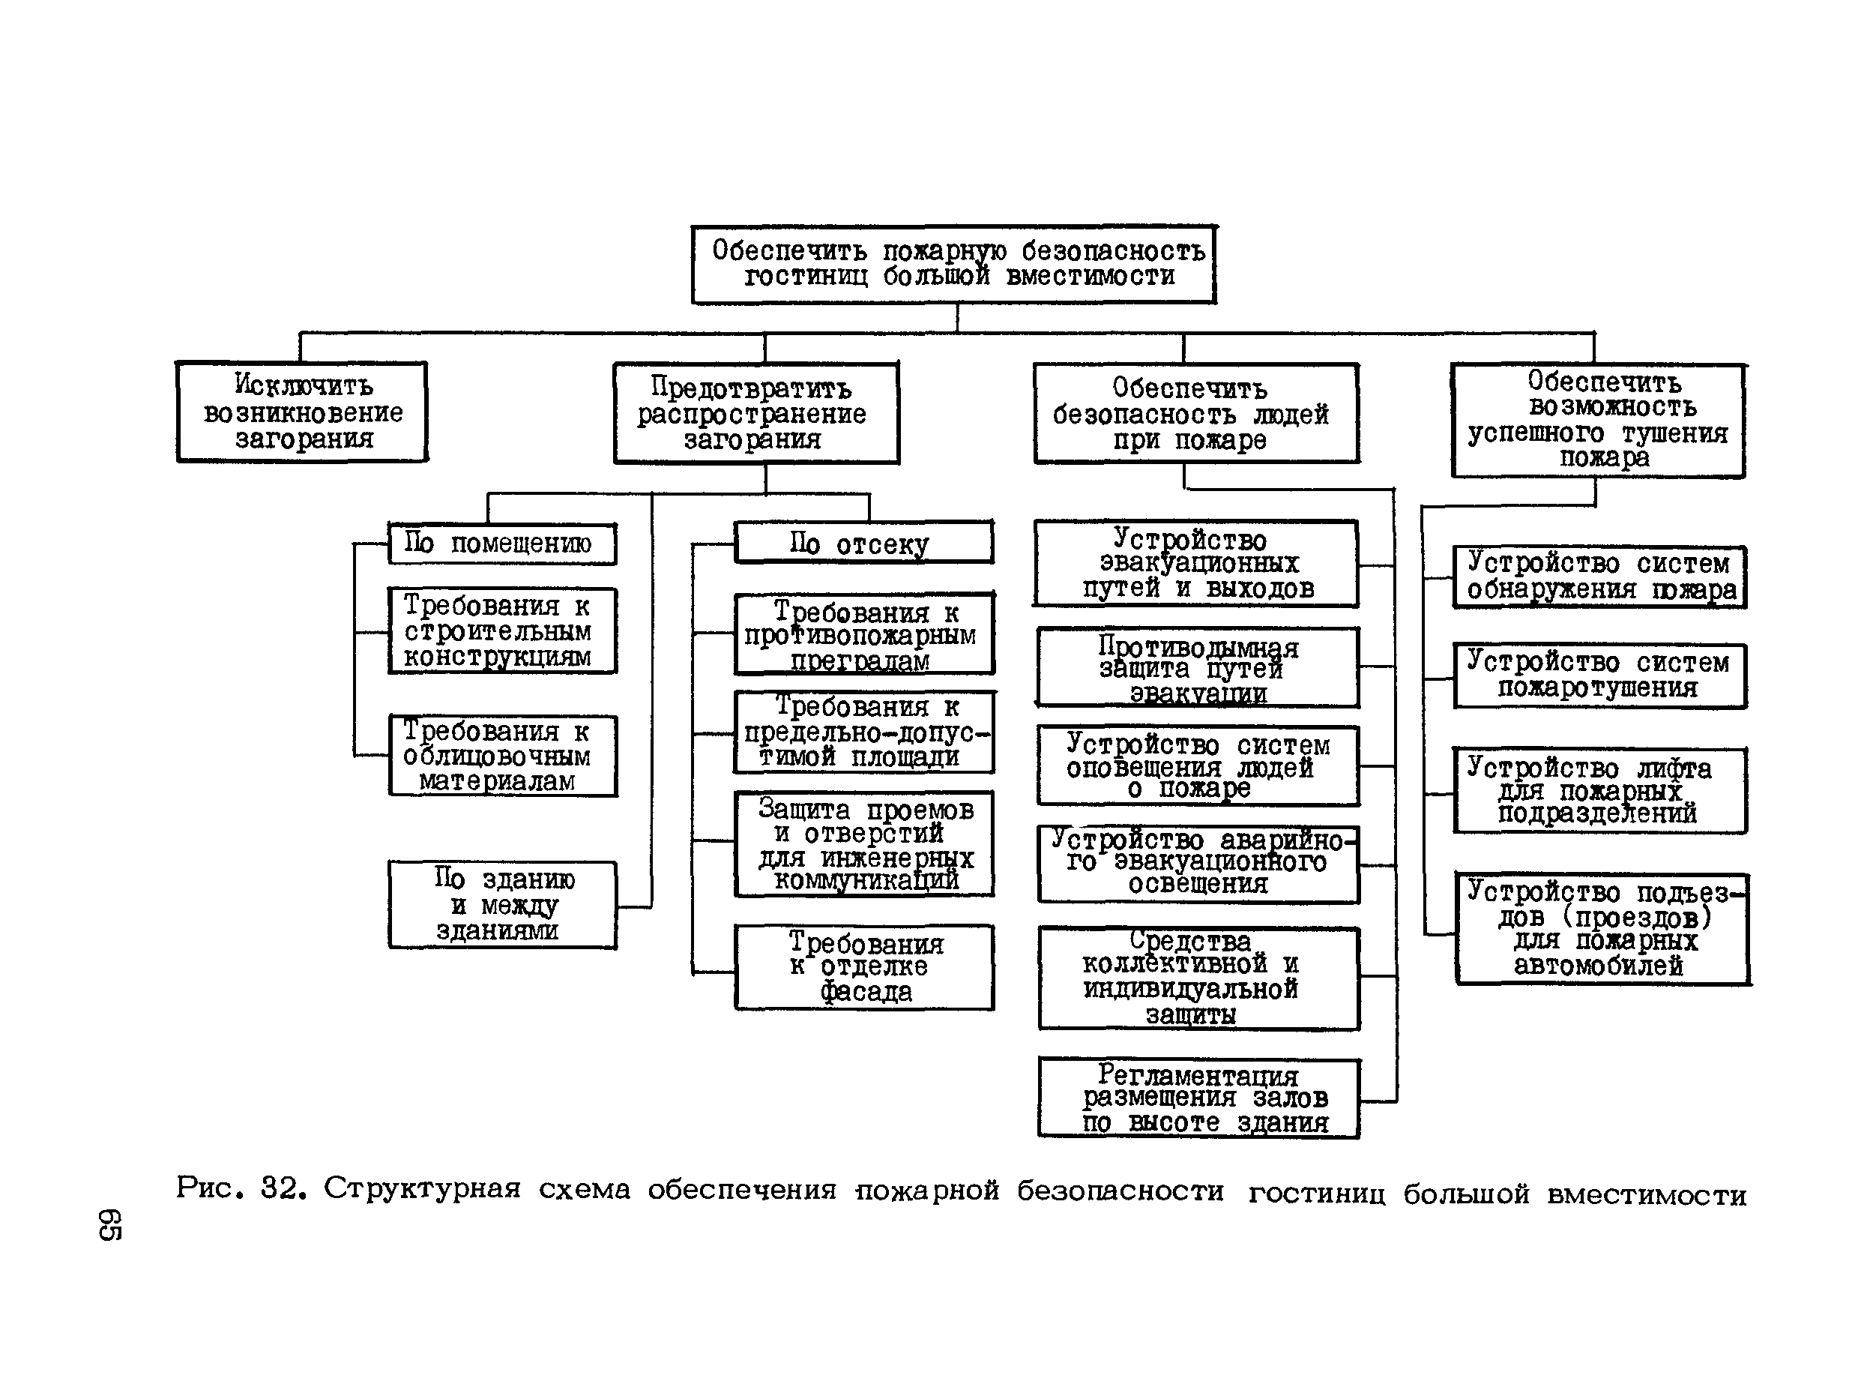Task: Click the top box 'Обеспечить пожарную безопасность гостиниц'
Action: pyautogui.click(x=954, y=264)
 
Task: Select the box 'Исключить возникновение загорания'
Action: pyautogui.click(x=301, y=412)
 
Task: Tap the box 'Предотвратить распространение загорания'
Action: pyautogui.click(x=756, y=413)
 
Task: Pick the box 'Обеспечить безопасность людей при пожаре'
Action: pyautogui.click(x=1196, y=413)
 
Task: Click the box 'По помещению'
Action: pyautogui.click(x=501, y=544)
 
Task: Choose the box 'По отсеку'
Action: pyautogui.click(x=863, y=544)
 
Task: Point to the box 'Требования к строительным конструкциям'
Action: pyautogui.click(x=502, y=631)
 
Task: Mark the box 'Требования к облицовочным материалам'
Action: pyautogui.click(x=502, y=756)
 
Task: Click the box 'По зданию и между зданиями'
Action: pyautogui.click(x=502, y=905)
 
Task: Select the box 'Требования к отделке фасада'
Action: pyautogui.click(x=864, y=968)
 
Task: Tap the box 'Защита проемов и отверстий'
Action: pyautogui.click(x=864, y=843)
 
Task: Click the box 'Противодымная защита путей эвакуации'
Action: pyautogui.click(x=1198, y=669)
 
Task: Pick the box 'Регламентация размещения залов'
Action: pyautogui.click(x=1198, y=1098)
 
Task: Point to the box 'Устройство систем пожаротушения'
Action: pyautogui.click(x=1599, y=676)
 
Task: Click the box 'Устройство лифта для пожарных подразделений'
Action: pyautogui.click(x=1599, y=791)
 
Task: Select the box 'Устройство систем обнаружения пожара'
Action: pyautogui.click(x=1599, y=577)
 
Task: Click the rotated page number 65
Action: pyautogui.click(x=110, y=1225)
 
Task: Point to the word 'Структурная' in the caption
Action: pyautogui.click(x=422, y=1189)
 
